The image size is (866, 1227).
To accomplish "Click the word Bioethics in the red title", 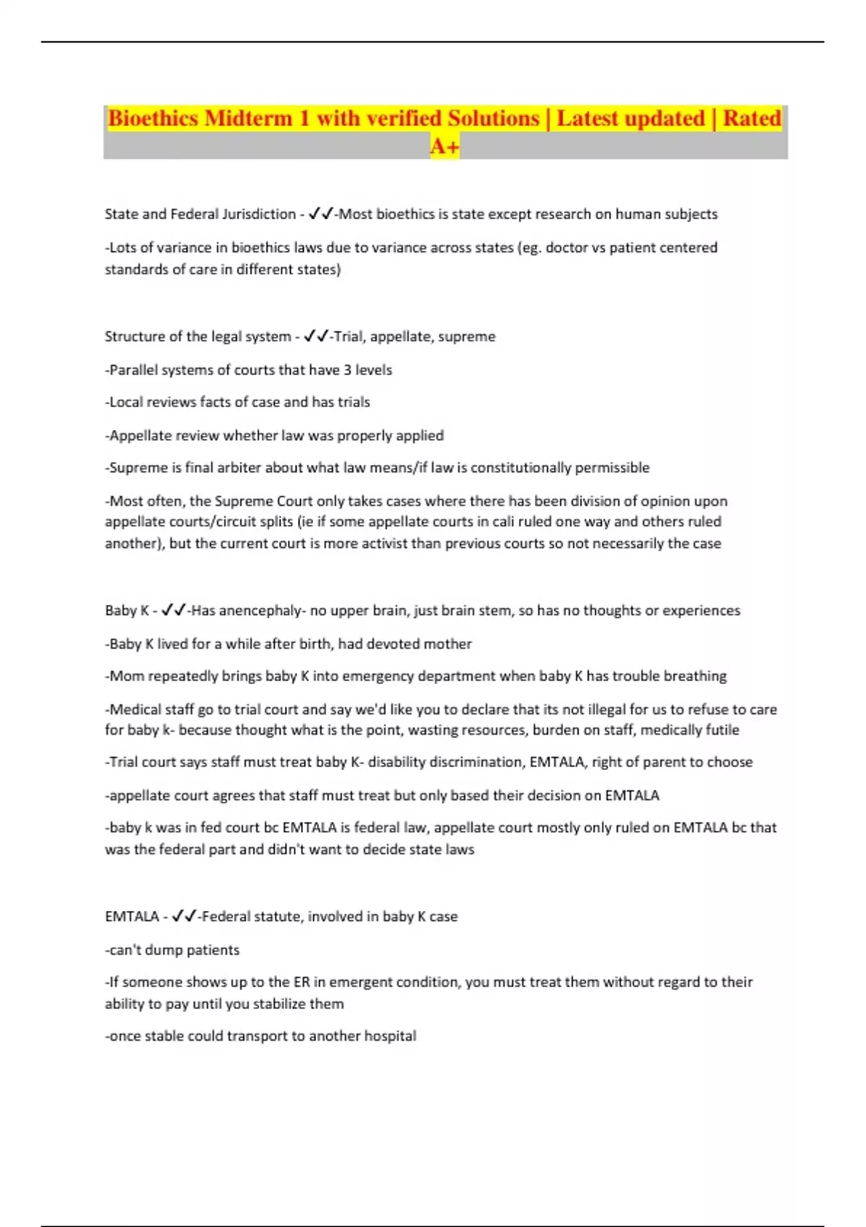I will (152, 118).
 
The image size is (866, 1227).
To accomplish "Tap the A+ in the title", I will (445, 147).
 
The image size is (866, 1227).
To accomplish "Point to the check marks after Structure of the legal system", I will (316, 336).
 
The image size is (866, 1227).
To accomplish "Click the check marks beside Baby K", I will (173, 611).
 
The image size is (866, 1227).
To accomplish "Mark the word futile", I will (722, 730).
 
